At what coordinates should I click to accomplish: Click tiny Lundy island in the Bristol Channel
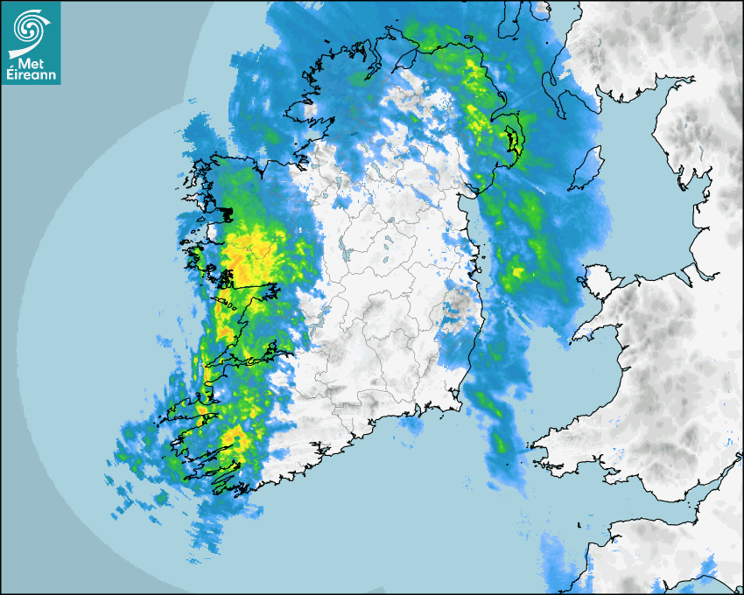click(580, 524)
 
